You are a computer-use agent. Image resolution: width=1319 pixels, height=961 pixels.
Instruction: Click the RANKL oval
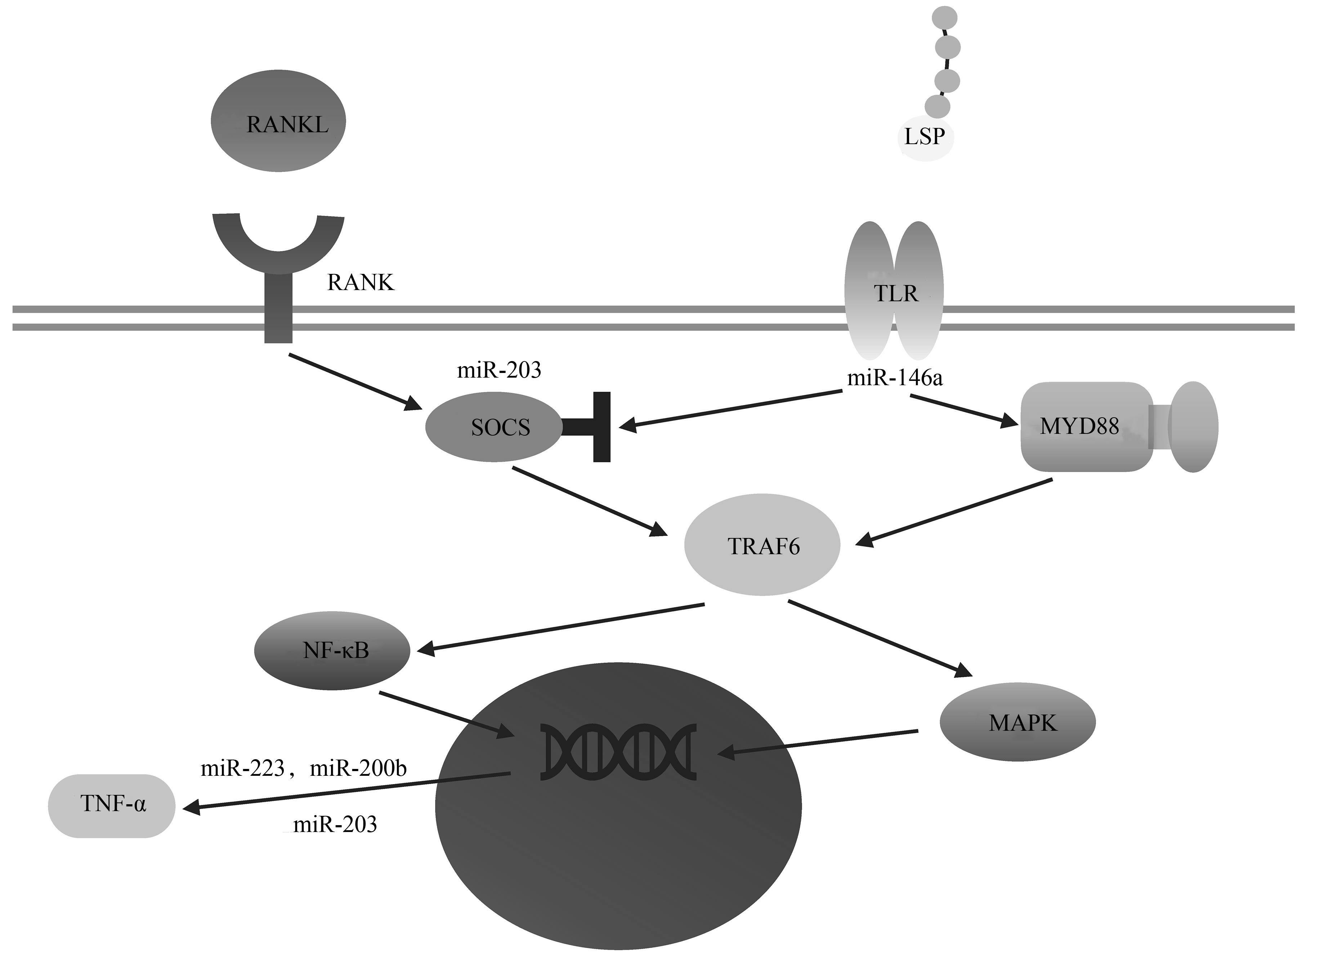click(x=278, y=121)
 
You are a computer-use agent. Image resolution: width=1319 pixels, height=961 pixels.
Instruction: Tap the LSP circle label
click(x=925, y=137)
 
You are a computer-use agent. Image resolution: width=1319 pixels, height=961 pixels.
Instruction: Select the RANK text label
click(x=361, y=283)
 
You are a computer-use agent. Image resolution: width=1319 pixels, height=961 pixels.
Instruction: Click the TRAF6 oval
click(x=762, y=546)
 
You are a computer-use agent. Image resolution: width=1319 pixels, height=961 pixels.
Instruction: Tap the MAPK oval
click(x=1018, y=722)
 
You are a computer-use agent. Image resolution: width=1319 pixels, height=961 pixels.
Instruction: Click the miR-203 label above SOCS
click(x=499, y=370)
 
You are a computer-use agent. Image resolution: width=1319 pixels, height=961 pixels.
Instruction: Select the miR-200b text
click(x=358, y=769)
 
